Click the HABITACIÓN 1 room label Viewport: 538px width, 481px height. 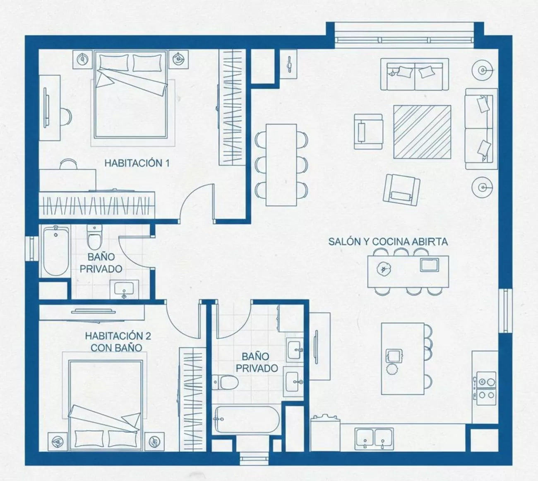tap(137, 163)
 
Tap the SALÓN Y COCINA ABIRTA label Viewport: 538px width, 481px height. tap(388, 242)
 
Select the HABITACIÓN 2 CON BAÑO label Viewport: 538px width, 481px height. tap(118, 342)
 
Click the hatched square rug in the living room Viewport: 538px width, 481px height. tap(422, 132)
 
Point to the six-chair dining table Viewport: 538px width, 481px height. tap(281, 165)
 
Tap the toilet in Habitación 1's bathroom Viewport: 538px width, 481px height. tap(94, 237)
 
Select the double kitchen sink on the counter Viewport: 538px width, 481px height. tap(374, 439)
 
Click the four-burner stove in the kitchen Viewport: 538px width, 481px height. tap(486, 388)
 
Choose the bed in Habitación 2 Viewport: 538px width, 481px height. tap(106, 405)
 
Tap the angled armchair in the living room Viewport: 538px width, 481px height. tap(401, 190)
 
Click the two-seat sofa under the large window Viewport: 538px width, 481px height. tap(415, 75)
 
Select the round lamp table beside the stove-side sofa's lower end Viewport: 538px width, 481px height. tap(482, 187)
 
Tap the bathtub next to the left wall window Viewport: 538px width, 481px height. tap(55, 251)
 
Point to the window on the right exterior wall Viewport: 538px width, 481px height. tap(505, 310)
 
